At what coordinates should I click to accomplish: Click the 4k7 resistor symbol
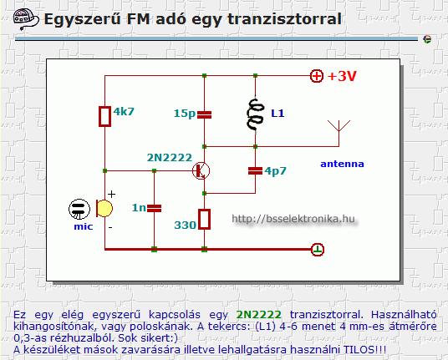[x=104, y=116]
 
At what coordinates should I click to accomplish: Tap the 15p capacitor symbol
[x=204, y=114]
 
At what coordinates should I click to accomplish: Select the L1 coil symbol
[x=255, y=114]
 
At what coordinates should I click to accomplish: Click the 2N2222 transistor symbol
[x=201, y=170]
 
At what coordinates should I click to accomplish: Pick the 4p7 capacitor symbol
[x=255, y=170]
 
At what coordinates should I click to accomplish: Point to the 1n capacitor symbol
[x=154, y=208]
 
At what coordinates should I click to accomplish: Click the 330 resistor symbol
[x=204, y=219]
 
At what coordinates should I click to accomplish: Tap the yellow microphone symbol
[x=104, y=209]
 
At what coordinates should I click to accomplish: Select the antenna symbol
[x=339, y=133]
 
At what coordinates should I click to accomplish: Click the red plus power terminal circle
[x=317, y=76]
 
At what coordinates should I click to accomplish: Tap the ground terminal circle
[x=318, y=250]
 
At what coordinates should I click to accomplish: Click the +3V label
[x=342, y=76]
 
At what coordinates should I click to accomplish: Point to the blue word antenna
[x=343, y=164]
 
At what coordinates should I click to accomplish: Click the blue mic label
[x=84, y=226]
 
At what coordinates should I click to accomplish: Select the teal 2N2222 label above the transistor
[x=170, y=158]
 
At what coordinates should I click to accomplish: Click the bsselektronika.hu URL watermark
[x=293, y=219]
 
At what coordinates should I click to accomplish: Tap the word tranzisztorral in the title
[x=284, y=19]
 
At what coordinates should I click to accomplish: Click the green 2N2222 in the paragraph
[x=259, y=315]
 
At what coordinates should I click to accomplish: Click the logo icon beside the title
[x=26, y=19]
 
